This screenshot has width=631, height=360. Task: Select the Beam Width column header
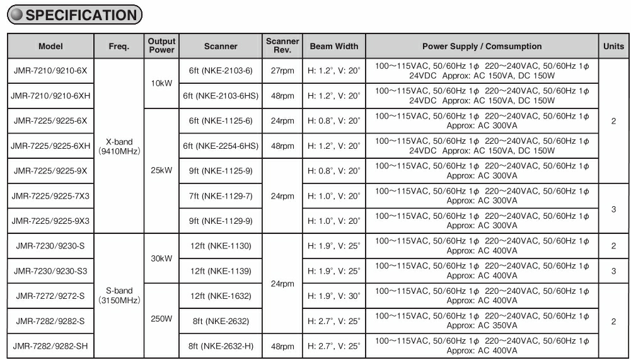point(333,46)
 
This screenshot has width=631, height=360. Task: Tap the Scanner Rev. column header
point(282,46)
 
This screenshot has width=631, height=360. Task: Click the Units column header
point(613,46)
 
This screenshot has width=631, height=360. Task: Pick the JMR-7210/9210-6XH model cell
point(50,96)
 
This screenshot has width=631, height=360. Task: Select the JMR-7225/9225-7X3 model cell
point(50,196)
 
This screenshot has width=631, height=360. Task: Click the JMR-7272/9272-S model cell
point(50,296)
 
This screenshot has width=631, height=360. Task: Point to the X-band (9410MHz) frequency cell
point(119,146)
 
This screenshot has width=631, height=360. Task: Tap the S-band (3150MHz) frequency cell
point(119,296)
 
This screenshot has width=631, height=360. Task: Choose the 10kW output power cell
point(161,83)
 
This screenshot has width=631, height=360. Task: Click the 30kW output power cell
point(161,258)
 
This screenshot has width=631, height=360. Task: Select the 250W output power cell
point(161,319)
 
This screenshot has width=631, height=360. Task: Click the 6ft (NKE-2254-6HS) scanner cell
point(221,146)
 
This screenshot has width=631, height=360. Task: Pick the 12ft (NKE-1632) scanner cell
point(221,296)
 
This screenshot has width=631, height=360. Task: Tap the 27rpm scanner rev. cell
point(282,71)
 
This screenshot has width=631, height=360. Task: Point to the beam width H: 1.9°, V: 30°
point(333,296)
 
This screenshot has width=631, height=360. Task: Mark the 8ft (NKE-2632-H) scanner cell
point(221,346)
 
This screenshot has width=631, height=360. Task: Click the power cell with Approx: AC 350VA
point(482,321)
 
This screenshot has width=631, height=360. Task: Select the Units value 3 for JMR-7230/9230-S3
point(613,271)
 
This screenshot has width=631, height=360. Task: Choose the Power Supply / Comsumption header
point(482,46)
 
